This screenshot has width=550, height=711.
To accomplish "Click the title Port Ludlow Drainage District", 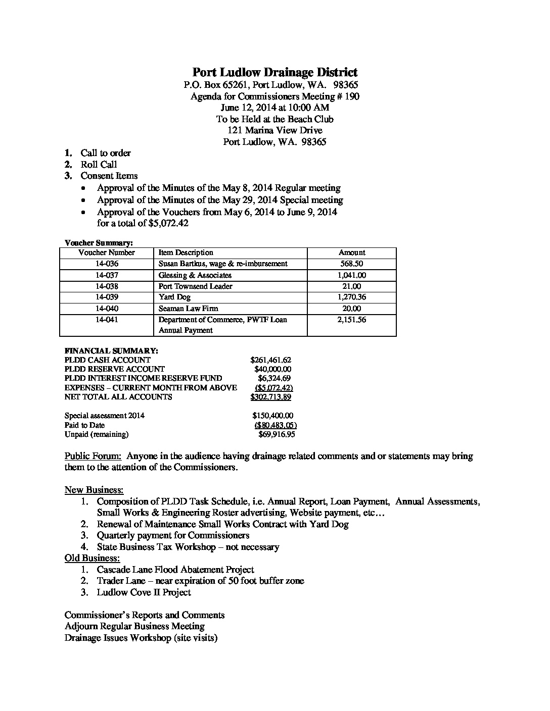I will coord(274,72).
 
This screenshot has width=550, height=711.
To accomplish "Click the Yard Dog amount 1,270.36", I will coord(351,297).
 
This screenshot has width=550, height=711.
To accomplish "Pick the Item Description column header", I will coord(186,252).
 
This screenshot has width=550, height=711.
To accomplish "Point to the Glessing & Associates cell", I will coord(195,275).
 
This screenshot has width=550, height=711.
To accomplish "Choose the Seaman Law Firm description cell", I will coord(188,309).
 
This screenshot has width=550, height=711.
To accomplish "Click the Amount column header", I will coord(351,252).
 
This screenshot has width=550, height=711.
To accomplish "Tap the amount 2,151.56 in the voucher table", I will coord(351,320).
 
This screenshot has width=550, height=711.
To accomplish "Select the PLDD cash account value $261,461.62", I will coord(270,360).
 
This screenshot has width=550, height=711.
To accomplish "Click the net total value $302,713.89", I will coord(270,397).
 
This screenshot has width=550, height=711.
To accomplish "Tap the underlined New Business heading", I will coord(94,490).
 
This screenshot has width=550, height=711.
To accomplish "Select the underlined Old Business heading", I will coord(92,558).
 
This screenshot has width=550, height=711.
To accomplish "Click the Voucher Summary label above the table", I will coord(99,243).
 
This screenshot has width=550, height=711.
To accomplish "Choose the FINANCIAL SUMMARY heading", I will coord(111,350).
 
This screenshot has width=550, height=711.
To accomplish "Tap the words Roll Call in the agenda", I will coord(99,165).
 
